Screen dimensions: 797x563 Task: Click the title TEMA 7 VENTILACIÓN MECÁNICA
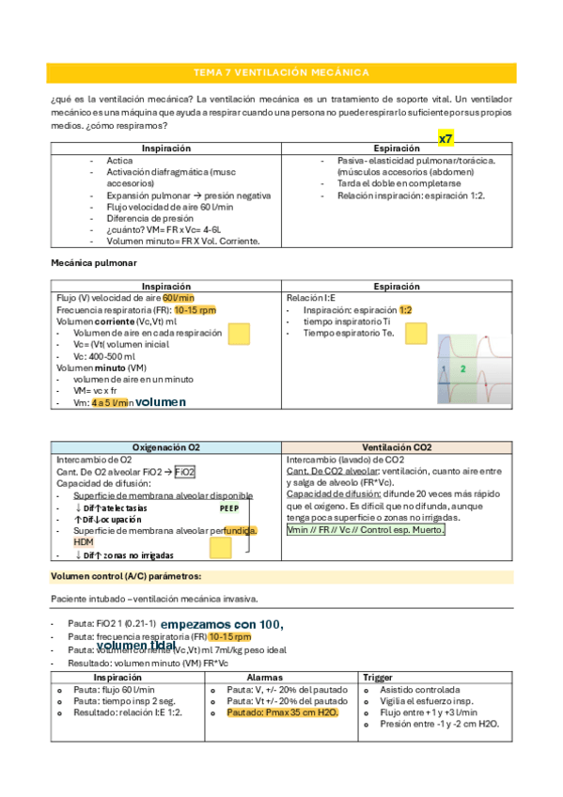click(x=280, y=72)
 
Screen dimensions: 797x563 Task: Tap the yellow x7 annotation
click(x=446, y=138)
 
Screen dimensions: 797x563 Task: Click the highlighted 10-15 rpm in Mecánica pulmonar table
click(x=195, y=309)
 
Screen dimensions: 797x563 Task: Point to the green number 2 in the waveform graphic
click(x=463, y=369)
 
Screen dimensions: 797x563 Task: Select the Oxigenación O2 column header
click(x=165, y=448)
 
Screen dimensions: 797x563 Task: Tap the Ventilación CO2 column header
click(x=397, y=448)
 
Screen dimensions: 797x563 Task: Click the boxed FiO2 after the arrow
click(x=185, y=472)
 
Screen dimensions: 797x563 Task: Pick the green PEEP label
click(x=229, y=508)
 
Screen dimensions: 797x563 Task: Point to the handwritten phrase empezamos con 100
click(x=223, y=623)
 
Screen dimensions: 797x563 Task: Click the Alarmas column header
click(x=264, y=677)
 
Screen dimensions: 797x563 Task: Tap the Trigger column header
click(x=377, y=677)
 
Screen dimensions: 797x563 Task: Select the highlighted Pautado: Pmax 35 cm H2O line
click(x=282, y=712)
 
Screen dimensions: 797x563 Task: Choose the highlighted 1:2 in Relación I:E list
click(x=405, y=309)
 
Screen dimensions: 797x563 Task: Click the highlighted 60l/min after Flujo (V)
click(x=179, y=297)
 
